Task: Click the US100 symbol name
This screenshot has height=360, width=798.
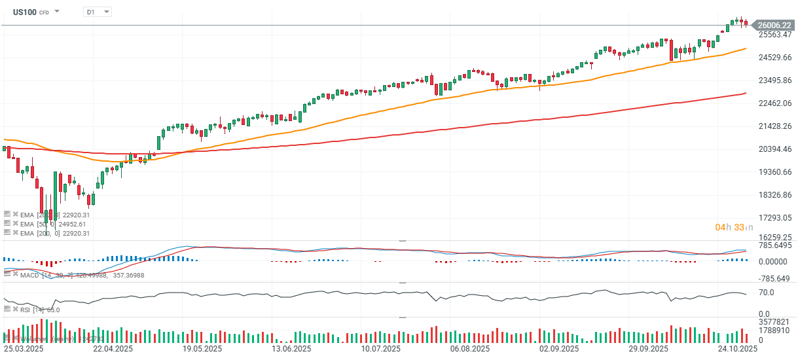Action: (24, 12)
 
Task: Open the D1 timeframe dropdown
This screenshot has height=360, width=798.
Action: (98, 12)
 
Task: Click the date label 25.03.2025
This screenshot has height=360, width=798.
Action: (23, 350)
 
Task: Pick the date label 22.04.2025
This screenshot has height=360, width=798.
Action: (113, 350)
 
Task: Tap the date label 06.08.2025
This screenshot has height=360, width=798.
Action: (470, 350)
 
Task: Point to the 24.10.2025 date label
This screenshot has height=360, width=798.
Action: (738, 350)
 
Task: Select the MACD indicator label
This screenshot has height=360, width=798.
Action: (29, 276)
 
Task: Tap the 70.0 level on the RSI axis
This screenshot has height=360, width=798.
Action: (767, 292)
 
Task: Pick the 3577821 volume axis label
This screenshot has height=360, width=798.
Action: (774, 322)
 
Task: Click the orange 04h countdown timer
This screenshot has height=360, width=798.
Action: (721, 227)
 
